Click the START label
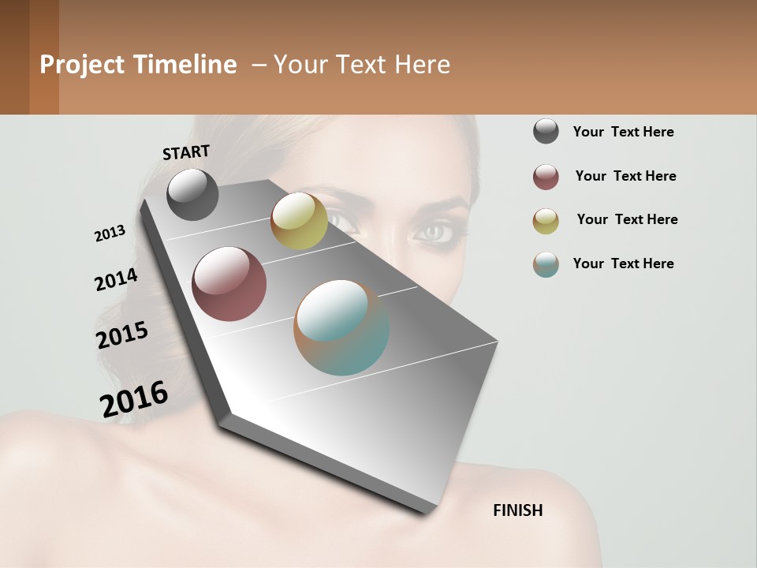pos(186,152)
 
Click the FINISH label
pos(517,510)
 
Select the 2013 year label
pos(110,234)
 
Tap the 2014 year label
pos(116,280)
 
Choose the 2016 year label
pos(134,399)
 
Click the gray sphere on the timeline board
pos(192,194)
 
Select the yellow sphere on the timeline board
pos(299,221)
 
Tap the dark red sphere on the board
pos(229,284)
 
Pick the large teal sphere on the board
pos(341,327)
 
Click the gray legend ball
pos(546,131)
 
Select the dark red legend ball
pos(546,177)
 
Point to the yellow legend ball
pos(546,221)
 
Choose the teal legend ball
pos(546,264)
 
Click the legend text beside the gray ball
pos(623,132)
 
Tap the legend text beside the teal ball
pos(623,263)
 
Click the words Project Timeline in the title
pos(138,65)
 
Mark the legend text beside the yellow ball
pos(627,219)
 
